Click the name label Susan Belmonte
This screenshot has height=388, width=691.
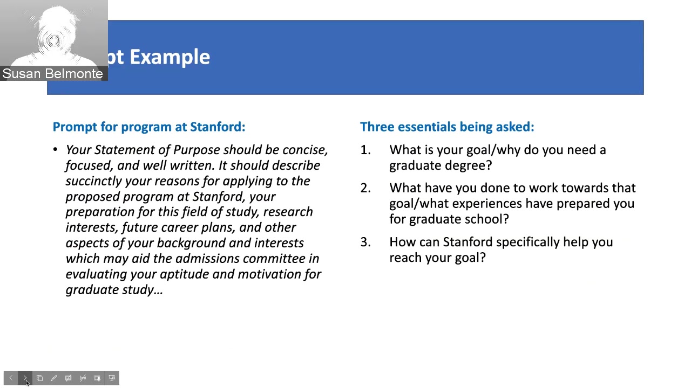[52, 74]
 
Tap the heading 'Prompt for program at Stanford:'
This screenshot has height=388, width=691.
[148, 127]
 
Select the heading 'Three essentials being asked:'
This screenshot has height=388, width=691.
[446, 127]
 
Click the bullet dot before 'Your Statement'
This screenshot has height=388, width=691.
[56, 150]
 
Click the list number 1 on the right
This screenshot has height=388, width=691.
[365, 150]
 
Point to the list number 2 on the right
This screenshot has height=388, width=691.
[365, 188]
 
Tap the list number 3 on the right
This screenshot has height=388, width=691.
[365, 242]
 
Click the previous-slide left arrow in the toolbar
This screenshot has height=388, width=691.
[11, 378]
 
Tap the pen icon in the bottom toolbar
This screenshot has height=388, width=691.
[54, 378]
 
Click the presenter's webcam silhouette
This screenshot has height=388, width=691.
[54, 35]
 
